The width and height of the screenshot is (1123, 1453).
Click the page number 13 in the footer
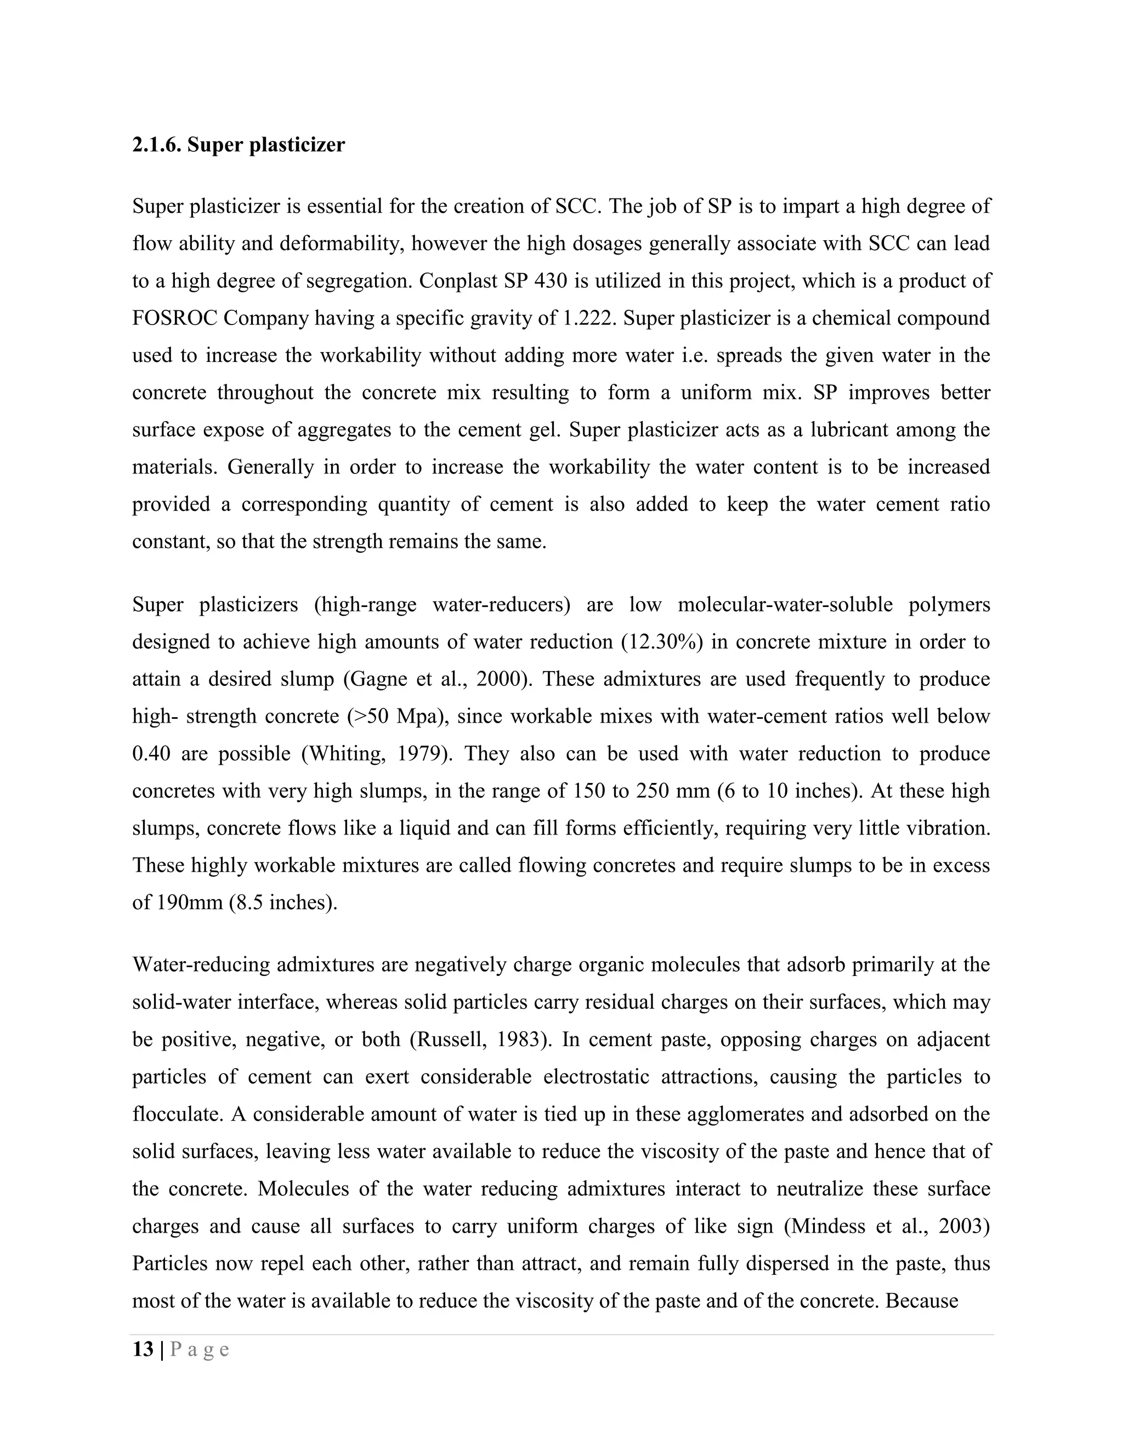tap(143, 1349)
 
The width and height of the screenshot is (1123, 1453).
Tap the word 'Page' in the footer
tap(200, 1349)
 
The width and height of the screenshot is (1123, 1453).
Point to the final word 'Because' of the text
tap(921, 1301)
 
